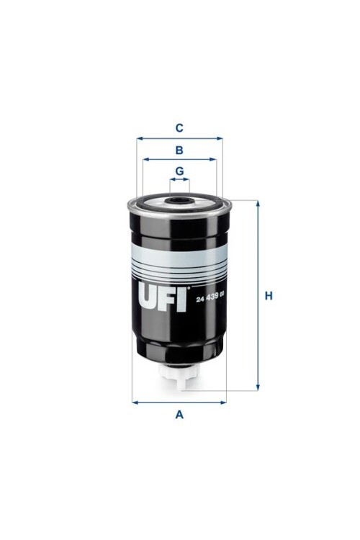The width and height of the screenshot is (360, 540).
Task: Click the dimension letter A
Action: pyautogui.click(x=180, y=415)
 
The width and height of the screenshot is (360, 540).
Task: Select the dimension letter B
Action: pyautogui.click(x=180, y=150)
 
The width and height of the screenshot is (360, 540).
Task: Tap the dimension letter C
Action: pyautogui.click(x=180, y=128)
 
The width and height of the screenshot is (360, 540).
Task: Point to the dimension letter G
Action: pyautogui.click(x=180, y=171)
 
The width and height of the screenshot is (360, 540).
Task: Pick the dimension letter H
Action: pyautogui.click(x=269, y=296)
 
